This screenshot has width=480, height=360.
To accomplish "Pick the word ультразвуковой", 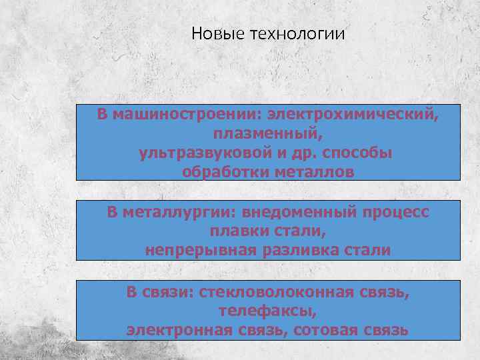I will coord(206,153).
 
